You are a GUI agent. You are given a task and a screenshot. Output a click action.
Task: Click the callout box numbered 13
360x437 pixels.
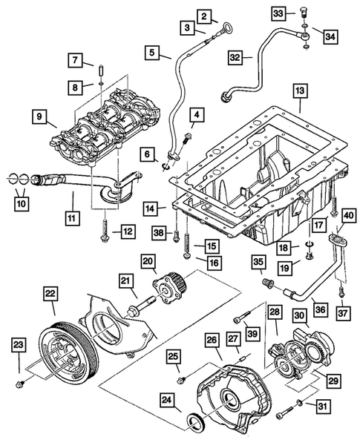pyautogui.click(x=299, y=92)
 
